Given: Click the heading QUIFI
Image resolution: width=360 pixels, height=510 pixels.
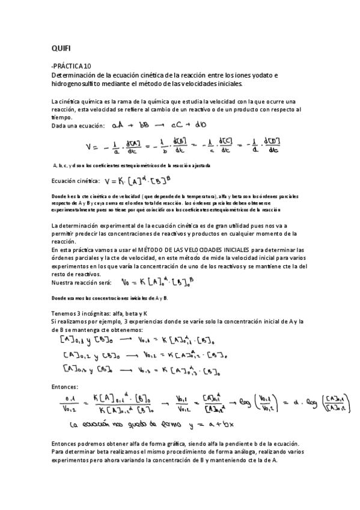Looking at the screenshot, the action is coord(61,47).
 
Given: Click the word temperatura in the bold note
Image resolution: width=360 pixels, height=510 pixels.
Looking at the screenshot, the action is coord(180,196).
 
